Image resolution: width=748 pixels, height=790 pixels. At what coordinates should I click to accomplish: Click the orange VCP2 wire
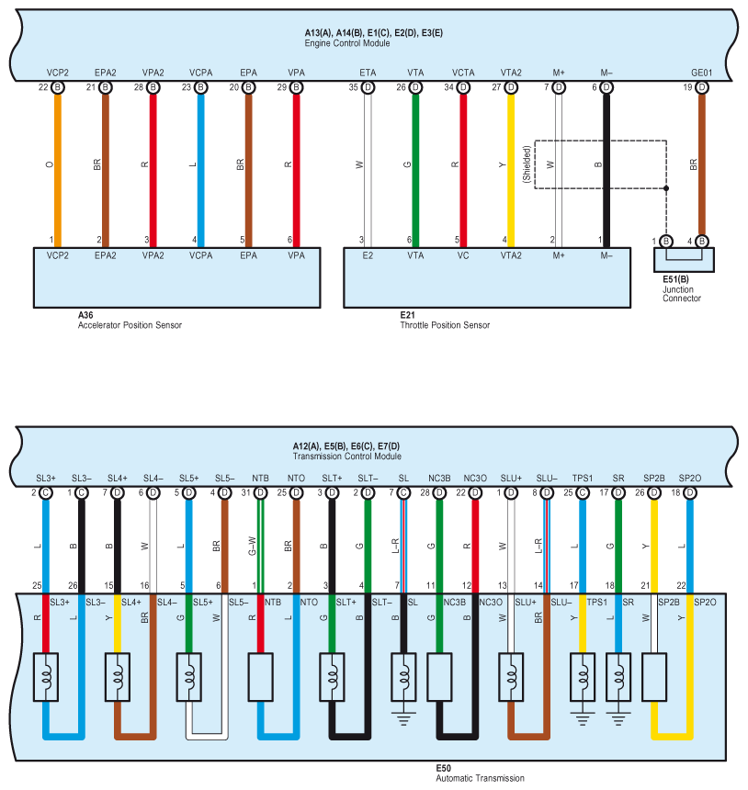click(57, 165)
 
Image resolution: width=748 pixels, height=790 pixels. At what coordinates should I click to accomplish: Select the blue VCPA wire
click(199, 165)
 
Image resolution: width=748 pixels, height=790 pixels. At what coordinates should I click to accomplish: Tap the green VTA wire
click(415, 165)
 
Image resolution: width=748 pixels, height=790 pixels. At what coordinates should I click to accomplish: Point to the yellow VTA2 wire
click(511, 165)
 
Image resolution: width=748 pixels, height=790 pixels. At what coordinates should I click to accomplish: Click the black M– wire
click(606, 165)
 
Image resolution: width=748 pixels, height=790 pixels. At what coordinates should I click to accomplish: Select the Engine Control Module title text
click(347, 43)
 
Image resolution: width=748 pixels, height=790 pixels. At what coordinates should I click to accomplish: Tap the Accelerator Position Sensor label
click(130, 324)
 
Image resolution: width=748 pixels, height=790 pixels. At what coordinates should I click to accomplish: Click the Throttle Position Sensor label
click(445, 324)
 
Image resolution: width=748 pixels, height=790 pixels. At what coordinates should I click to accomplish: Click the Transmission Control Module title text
click(346, 457)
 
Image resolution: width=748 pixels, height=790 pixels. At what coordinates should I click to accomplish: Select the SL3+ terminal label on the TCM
click(46, 478)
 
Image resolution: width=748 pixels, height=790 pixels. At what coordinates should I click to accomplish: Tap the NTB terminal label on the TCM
click(261, 478)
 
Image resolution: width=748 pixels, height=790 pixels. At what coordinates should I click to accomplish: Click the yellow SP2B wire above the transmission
click(653, 542)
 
